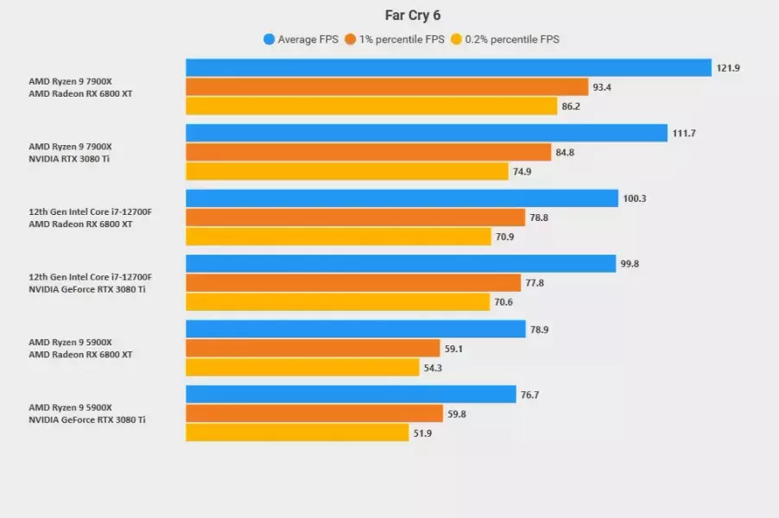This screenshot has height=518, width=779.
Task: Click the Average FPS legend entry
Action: click(x=301, y=39)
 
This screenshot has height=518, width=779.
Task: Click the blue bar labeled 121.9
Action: click(x=448, y=67)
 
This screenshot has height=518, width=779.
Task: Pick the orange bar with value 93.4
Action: click(x=387, y=87)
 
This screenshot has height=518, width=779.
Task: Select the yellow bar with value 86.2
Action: click(x=371, y=106)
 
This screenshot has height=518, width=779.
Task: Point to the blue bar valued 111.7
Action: click(x=427, y=133)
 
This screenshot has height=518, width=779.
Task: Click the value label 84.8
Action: click(x=565, y=153)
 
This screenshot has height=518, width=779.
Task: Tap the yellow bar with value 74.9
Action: click(x=347, y=172)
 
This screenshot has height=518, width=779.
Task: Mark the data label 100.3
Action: click(x=634, y=199)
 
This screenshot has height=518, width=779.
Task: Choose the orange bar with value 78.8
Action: click(x=355, y=218)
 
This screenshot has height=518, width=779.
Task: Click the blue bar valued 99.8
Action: click(x=401, y=263)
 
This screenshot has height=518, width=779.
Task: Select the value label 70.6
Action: click(x=504, y=302)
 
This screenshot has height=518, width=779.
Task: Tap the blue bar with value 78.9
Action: click(x=356, y=329)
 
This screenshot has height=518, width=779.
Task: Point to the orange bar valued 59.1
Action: click(x=313, y=348)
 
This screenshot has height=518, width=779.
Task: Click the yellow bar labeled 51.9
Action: click(x=297, y=433)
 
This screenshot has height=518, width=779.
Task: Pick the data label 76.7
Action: click(x=529, y=395)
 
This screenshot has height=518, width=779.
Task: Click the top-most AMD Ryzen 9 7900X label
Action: click(x=71, y=82)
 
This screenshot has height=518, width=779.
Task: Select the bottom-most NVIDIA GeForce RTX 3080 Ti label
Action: click(x=87, y=420)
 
